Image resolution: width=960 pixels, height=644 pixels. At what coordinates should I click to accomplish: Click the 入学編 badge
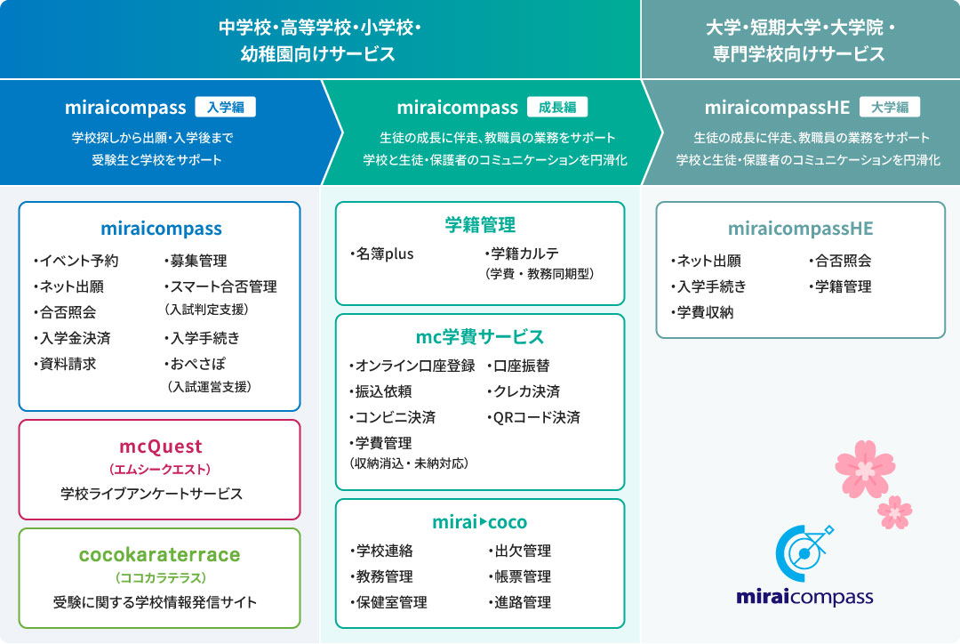pyautogui.click(x=225, y=108)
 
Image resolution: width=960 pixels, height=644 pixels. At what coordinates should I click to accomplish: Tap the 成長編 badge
pyautogui.click(x=557, y=108)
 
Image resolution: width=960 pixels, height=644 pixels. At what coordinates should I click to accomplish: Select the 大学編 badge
pyautogui.click(x=889, y=108)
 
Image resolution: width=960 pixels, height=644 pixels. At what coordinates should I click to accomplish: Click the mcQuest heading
pyautogui.click(x=161, y=447)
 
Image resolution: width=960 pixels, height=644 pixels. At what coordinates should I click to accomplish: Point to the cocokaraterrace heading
pyautogui.click(x=160, y=554)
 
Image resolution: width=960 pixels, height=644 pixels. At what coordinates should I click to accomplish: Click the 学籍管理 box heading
pyautogui.click(x=480, y=225)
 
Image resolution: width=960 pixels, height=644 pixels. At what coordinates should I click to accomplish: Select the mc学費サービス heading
pyautogui.click(x=480, y=337)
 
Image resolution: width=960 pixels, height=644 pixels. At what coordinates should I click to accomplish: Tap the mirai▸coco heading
pyautogui.click(x=480, y=522)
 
